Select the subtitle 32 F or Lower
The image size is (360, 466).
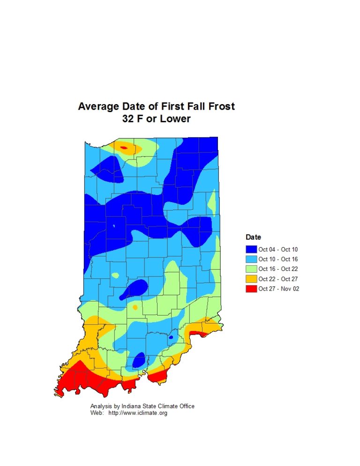point(156,119)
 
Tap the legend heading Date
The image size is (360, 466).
point(253,237)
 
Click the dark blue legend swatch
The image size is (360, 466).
point(251,249)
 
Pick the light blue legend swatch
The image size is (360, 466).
point(251,259)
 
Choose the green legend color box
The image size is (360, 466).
point(251,269)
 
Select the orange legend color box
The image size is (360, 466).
point(251,278)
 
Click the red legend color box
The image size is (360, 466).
point(251,288)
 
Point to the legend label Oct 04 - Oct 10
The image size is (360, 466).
point(278,249)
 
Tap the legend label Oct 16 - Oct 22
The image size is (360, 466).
point(278,269)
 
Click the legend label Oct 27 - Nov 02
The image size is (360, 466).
point(278,289)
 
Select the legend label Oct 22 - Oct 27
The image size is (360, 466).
point(278,279)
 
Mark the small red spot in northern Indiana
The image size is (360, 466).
point(124,148)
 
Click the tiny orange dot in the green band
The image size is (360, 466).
point(135,308)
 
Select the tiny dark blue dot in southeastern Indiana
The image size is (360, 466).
point(171,337)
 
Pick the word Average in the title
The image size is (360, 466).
point(96,106)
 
